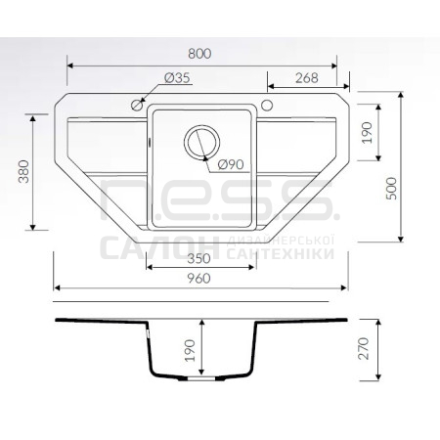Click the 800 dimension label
(199, 54)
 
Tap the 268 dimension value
(307, 78)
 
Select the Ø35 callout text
(177, 78)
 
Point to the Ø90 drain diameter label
(231, 164)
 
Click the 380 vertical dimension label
(23, 171)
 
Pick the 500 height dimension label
(391, 189)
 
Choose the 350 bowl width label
(199, 259)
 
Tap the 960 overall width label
(199, 279)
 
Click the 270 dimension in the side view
(364, 349)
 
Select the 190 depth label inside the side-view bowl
(190, 350)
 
